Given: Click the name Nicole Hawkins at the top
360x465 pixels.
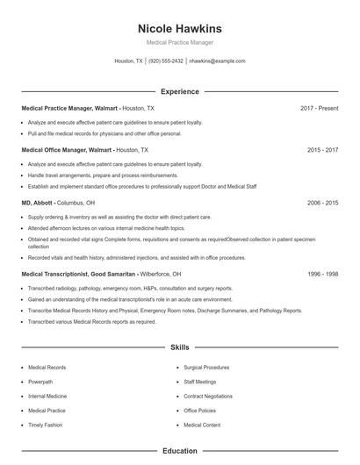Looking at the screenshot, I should coord(180,28).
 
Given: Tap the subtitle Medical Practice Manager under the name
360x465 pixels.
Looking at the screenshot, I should coord(180,42).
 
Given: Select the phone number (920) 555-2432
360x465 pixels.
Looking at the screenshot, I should coord(166,61).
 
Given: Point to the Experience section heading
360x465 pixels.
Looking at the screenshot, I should coord(180,91).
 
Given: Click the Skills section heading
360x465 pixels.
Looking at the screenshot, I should coord(180,347).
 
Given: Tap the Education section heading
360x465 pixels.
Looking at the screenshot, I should coord(180,451).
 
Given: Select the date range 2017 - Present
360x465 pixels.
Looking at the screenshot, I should coord(319,108).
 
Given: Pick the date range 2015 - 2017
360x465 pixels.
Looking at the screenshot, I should coord(322,150).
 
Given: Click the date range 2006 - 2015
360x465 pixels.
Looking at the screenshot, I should coord(322,203).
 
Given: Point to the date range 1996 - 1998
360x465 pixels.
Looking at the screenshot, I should coord(322,274).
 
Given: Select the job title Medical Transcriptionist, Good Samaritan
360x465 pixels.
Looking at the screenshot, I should coord(79,274).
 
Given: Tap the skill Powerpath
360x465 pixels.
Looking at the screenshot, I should coord(40,382).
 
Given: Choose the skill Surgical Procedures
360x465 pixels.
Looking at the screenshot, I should coord(206,368).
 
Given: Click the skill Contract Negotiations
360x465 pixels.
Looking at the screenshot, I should coord(208,396).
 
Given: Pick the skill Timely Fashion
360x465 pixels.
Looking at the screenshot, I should coord(46,425).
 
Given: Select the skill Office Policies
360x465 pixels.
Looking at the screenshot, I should coord(200,410).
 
